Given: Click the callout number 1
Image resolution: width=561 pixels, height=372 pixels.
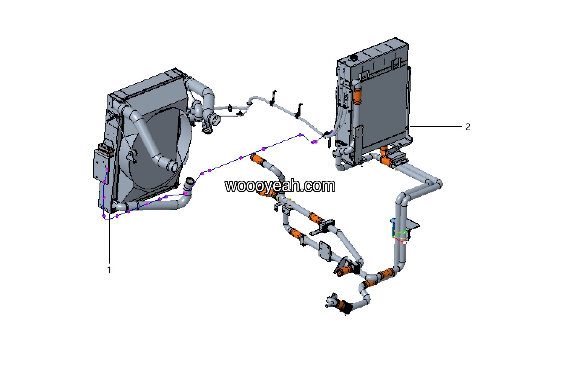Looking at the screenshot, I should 109,270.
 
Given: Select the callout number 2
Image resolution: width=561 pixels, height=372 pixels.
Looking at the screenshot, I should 467,127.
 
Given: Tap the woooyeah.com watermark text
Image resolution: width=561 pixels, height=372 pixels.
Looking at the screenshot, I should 280,186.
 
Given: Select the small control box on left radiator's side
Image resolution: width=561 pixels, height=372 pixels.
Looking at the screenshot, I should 101,164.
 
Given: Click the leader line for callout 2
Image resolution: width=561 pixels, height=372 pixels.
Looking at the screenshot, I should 435,127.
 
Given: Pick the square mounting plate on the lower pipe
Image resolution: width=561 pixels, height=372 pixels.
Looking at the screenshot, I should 325,250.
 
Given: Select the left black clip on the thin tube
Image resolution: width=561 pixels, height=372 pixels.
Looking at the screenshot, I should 273,98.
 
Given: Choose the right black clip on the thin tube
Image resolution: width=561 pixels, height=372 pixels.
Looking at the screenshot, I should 299,110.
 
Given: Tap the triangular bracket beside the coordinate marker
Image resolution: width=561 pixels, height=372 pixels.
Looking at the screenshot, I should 413,226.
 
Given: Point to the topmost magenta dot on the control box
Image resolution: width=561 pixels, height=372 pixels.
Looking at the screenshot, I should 107,170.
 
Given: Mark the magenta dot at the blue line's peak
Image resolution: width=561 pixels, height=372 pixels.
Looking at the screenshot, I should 300,134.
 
